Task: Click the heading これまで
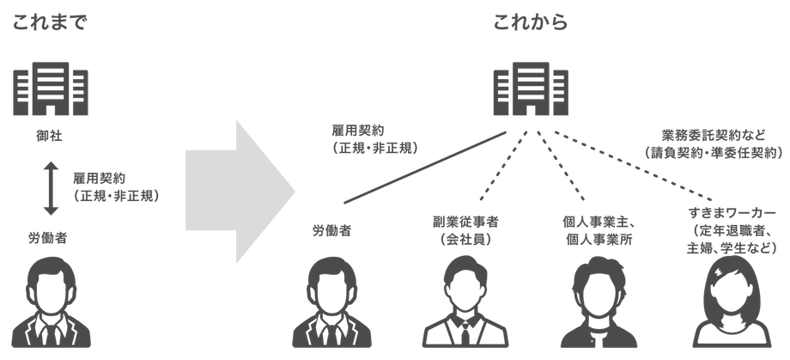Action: (x=50, y=22)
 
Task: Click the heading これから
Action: (x=530, y=22)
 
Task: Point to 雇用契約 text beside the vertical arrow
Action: (x=116, y=187)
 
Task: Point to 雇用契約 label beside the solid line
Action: (x=375, y=141)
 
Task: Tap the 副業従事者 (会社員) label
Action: (x=464, y=229)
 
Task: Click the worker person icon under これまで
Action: (x=49, y=304)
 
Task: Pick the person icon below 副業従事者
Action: (x=464, y=304)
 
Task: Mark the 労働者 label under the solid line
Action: (x=331, y=230)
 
